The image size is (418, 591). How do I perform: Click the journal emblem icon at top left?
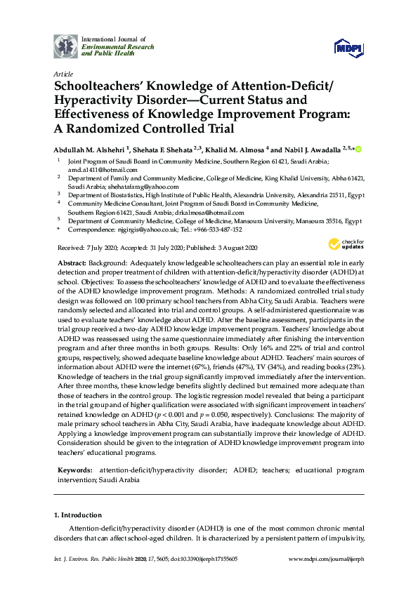[66, 46]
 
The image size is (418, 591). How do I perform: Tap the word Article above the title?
[62, 74]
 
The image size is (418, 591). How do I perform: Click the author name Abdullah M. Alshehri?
[90, 150]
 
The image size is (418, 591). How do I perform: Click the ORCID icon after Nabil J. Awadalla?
[358, 149]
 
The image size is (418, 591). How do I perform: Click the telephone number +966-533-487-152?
[221, 229]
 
